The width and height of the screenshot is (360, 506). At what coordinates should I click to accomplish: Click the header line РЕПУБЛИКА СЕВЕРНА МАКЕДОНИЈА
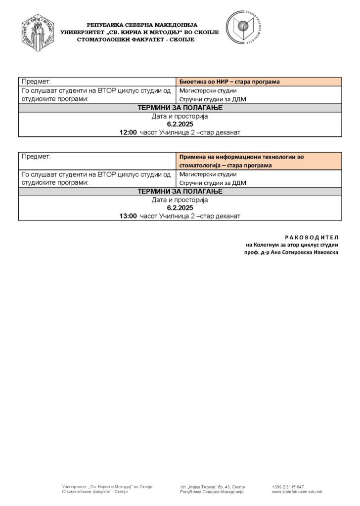(x=142, y=25)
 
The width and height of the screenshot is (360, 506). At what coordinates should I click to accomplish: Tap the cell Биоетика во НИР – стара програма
(x=229, y=82)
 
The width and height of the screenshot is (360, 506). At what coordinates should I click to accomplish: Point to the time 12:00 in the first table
(x=128, y=133)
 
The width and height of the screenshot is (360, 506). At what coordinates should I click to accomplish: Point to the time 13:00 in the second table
(x=128, y=216)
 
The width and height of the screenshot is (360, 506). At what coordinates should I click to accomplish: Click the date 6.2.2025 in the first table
(x=180, y=125)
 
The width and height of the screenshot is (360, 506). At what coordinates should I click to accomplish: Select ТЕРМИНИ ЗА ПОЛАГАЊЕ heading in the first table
(x=180, y=108)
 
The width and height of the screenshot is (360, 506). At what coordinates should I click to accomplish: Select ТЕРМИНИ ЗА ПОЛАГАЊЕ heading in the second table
(x=180, y=191)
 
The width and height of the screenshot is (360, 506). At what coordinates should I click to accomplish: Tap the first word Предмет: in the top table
(x=37, y=82)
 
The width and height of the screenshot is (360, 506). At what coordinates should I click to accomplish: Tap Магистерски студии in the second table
(x=208, y=174)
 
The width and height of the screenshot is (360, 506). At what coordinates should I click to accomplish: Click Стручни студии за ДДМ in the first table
(x=212, y=99)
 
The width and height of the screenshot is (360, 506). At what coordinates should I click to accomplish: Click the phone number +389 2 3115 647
(x=288, y=487)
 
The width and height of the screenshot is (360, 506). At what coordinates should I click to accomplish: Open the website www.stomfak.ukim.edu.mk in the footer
(x=297, y=492)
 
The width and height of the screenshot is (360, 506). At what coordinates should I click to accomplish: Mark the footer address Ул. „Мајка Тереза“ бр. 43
(x=213, y=487)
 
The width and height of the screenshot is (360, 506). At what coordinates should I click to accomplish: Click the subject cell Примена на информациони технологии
(x=242, y=160)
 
